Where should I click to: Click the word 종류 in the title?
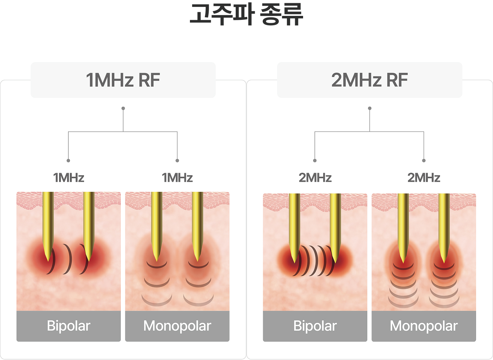pos(281,14)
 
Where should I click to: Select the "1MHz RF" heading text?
pos(123,80)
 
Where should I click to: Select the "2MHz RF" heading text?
pos(369,80)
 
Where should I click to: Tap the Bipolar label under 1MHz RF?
pos(69,326)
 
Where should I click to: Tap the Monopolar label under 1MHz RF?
pos(177,326)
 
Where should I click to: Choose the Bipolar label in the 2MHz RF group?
pos(315,326)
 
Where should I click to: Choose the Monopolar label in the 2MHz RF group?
pos(424,326)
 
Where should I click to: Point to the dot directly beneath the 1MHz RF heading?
pos(123,108)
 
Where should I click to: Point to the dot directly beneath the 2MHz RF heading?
pos(369,108)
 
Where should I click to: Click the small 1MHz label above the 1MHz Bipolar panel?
pos(69,177)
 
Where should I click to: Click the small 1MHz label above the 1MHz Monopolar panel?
pos(177,177)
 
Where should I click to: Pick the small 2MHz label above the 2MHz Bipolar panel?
pos(315,177)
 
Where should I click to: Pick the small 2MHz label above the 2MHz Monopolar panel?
pos(424,177)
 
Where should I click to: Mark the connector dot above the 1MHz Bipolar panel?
pos(68,161)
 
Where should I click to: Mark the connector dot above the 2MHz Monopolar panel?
pos(424,161)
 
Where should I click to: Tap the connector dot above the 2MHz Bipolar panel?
pos(315,161)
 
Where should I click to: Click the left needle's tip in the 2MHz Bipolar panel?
pos(294,263)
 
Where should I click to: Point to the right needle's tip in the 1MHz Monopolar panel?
pos(197,261)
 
